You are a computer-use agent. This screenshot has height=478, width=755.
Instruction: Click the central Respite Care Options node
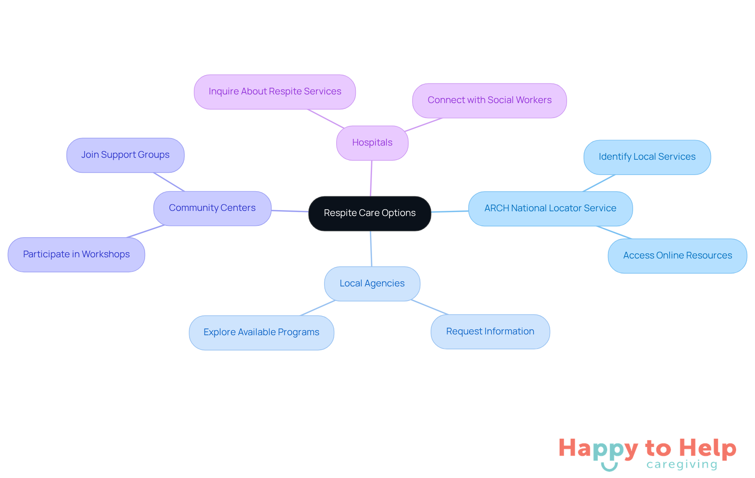[x=370, y=213]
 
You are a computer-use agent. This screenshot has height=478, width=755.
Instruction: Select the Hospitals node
[x=372, y=143]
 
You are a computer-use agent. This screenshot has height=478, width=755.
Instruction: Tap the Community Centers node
[x=212, y=208]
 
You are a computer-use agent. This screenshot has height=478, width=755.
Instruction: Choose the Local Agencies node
[x=372, y=284]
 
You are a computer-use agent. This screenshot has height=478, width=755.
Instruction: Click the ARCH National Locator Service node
[x=550, y=209]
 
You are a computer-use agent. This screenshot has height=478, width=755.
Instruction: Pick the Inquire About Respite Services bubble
[x=274, y=92]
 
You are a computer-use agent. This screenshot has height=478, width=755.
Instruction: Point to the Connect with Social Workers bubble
[x=489, y=100]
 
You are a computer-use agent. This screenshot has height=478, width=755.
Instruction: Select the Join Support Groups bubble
[x=125, y=155]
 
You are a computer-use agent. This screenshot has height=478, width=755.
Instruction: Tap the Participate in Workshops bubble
[x=76, y=255]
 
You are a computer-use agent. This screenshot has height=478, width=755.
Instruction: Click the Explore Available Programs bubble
[x=261, y=332]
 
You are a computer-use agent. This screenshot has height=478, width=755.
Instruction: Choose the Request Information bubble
[x=490, y=332]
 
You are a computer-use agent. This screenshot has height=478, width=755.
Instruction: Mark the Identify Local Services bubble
[x=647, y=157]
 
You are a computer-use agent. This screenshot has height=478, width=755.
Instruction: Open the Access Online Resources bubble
[x=677, y=256]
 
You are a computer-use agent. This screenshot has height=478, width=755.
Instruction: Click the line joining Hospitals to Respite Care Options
[x=371, y=178]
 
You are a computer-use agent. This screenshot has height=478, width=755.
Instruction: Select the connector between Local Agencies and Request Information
[x=429, y=307]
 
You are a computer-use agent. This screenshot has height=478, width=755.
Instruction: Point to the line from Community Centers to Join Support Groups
[x=169, y=182]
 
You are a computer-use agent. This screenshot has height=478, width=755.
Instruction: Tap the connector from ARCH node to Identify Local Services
[x=599, y=183]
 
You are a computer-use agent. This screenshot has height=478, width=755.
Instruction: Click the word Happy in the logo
[x=598, y=448]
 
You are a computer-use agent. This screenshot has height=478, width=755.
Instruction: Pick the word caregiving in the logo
[x=682, y=465]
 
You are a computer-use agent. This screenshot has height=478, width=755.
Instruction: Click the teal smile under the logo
[x=609, y=467]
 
